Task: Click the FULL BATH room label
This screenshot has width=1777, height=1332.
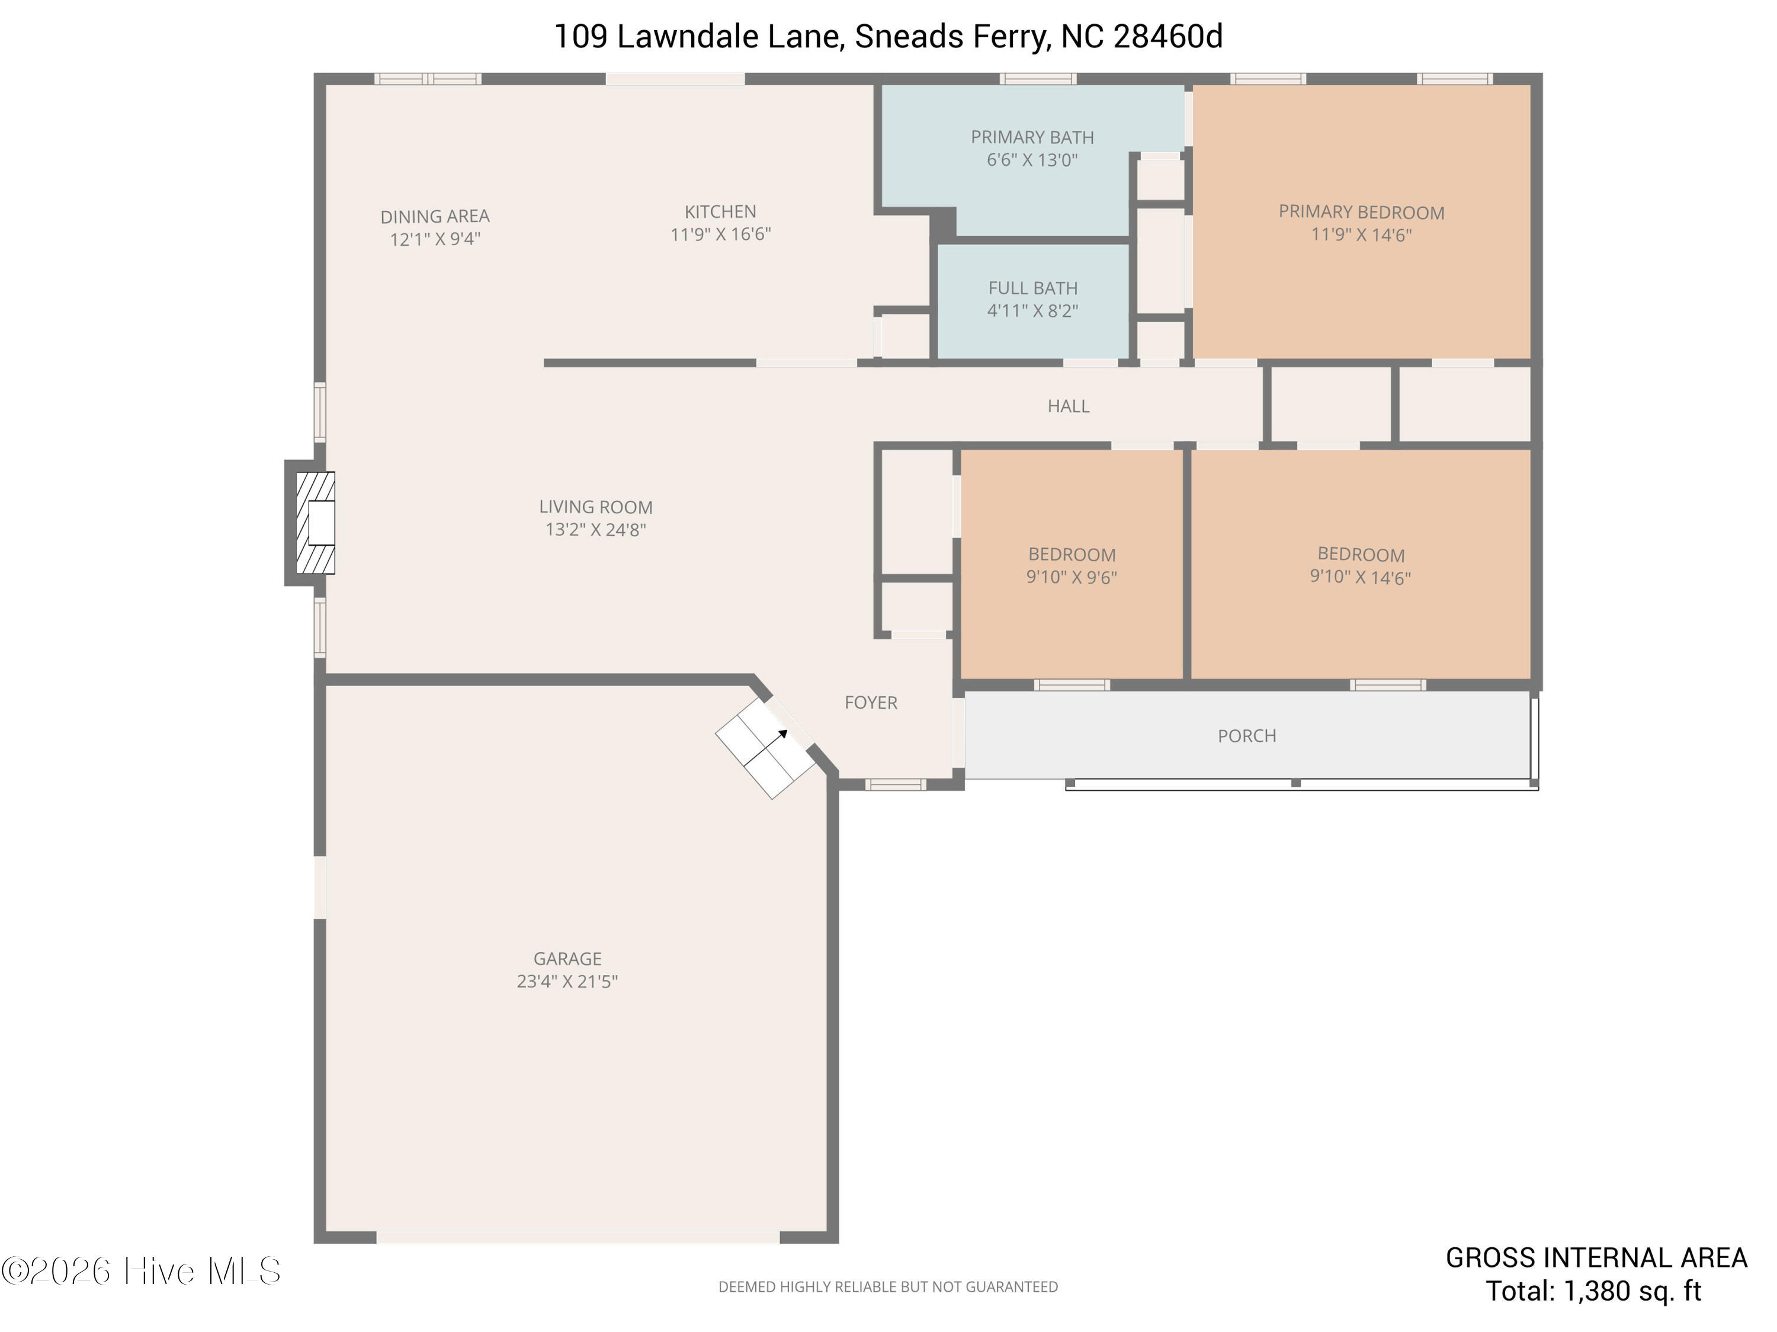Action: click(x=1032, y=288)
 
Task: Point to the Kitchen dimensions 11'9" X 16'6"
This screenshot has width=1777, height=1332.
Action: click(x=721, y=234)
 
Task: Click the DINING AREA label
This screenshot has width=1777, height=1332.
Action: click(x=435, y=216)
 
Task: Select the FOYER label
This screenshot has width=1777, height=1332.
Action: click(x=871, y=703)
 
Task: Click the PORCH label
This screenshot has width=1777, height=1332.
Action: click(x=1246, y=735)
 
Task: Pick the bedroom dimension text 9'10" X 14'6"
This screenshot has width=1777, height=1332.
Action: click(x=1360, y=577)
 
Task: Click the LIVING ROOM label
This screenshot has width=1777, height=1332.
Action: click(x=595, y=507)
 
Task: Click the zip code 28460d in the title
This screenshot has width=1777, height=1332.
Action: click(x=1167, y=37)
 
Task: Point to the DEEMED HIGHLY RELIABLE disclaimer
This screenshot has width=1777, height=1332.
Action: click(x=888, y=1287)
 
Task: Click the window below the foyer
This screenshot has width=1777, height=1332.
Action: click(x=895, y=784)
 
